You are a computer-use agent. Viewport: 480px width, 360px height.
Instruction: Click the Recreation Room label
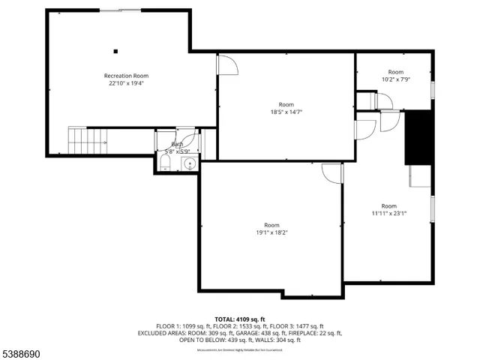[x=126, y=76]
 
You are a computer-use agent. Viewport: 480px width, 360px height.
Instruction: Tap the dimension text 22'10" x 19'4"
[x=126, y=84]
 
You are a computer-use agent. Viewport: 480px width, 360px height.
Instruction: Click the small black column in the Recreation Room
[x=115, y=52]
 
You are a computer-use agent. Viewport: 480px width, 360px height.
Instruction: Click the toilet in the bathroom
[x=165, y=163]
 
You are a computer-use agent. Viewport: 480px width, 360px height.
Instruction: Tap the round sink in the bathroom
[x=190, y=163]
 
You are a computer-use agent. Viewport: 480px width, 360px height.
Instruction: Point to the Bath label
[x=177, y=144]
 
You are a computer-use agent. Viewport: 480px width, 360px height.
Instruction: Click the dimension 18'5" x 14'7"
[x=286, y=112]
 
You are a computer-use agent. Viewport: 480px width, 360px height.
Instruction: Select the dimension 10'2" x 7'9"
[x=395, y=79]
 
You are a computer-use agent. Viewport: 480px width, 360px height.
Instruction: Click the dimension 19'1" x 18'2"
[x=271, y=232]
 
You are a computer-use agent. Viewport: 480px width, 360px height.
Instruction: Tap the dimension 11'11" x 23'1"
[x=388, y=213]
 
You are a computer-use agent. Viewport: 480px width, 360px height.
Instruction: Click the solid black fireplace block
[x=418, y=137]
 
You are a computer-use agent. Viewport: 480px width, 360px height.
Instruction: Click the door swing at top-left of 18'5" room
[x=227, y=64]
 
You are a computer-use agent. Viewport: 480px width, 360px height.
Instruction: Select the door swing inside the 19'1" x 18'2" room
[x=331, y=172]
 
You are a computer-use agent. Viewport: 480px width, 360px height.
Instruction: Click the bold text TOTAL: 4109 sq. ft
[x=239, y=319]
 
